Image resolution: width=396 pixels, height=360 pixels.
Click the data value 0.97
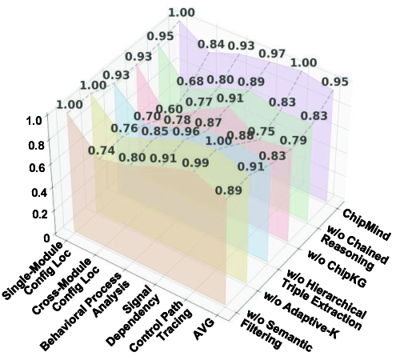[x=271, y=53]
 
